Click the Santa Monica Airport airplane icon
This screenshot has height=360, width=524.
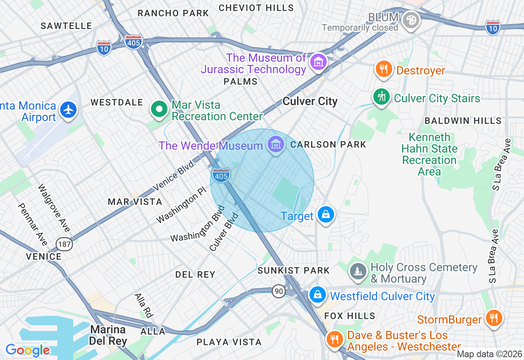pos(68,110)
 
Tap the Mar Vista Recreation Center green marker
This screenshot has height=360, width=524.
pos(159,109)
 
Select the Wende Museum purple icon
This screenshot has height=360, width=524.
pos(276,144)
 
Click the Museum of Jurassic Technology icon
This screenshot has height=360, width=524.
pos(318,62)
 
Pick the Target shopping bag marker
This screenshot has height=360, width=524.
pos(326,214)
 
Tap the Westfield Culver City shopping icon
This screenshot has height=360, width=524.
pos(317,295)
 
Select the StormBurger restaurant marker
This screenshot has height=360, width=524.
pos(494,318)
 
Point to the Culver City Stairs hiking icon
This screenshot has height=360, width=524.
pos(382,97)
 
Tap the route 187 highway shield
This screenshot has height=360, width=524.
pos(65,245)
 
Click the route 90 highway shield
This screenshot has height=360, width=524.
pos(279,291)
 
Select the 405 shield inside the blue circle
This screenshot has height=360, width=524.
pos(221,176)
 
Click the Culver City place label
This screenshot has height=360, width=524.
pos(310,101)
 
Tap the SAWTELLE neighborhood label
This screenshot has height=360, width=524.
pos(66,26)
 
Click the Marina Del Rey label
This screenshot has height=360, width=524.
pos(108,335)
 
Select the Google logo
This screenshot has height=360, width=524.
pos(27,350)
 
